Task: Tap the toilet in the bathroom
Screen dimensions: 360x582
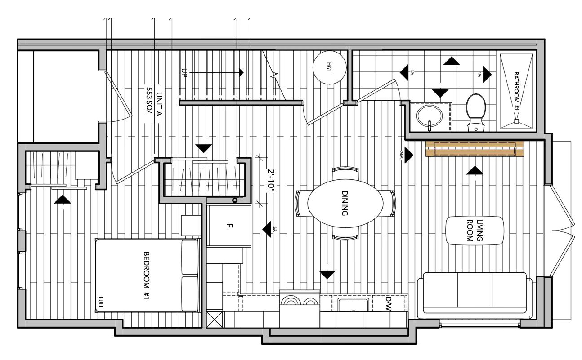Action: pos(476,111)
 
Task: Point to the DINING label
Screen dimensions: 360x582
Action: pos(345,204)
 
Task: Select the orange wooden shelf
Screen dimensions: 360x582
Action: pos(475,149)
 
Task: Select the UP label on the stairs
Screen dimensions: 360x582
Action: pos(184,72)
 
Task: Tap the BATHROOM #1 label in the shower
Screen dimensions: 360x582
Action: pos(516,92)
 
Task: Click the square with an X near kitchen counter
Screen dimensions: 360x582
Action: pos(215,320)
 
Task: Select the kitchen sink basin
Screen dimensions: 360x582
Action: pos(354,305)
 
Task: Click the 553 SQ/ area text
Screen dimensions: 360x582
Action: pos(148,104)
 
